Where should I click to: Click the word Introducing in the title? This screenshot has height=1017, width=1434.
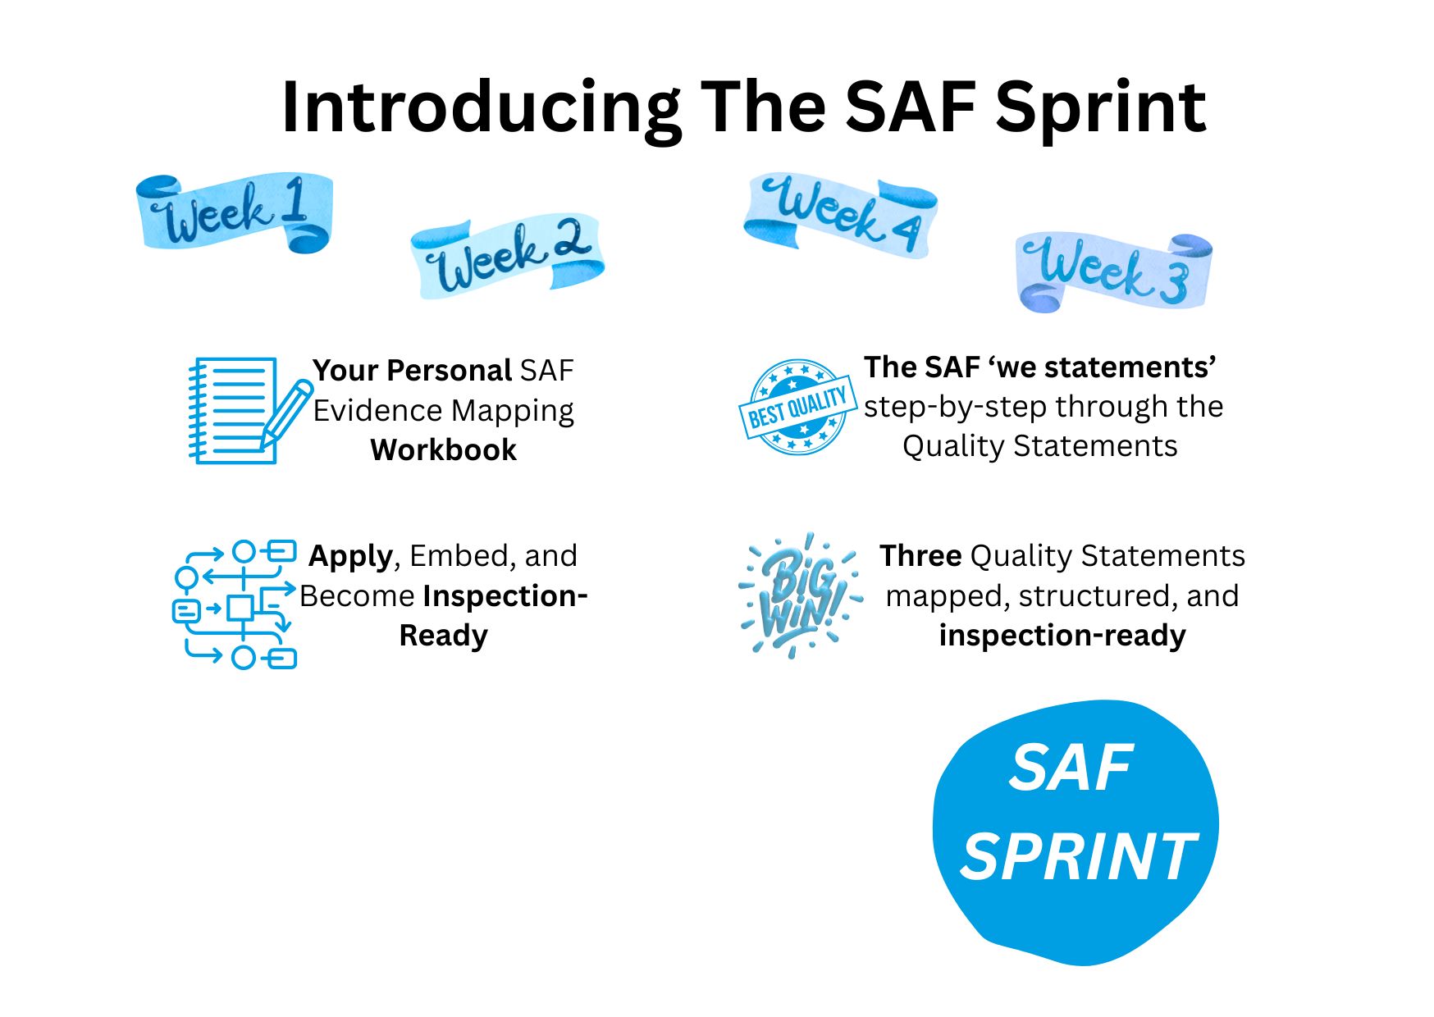coord(481,108)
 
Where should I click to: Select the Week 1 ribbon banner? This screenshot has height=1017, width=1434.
coord(235,212)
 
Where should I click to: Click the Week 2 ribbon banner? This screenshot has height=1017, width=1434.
coord(507,255)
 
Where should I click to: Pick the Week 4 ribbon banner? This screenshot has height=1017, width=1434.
coord(840,215)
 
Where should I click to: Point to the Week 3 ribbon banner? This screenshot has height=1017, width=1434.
coord(1113,272)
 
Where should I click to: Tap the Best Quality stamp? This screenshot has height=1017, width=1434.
coord(797,408)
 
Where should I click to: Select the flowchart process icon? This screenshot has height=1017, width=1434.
coord(235,604)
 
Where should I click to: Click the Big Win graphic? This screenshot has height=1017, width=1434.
coord(800,595)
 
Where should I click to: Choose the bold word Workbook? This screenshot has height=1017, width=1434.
coord(443,450)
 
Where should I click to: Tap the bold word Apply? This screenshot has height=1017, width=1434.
coord(350,557)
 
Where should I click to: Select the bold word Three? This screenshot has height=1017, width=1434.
coord(920,556)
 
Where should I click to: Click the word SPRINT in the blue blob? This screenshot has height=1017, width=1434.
coord(1078,856)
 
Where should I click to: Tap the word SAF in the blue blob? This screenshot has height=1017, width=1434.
coord(1071,768)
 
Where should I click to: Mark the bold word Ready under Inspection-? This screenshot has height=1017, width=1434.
coord(443,636)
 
